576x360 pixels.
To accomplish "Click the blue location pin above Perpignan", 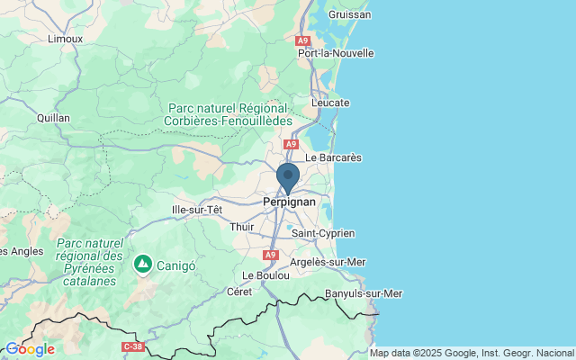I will tap(288, 176).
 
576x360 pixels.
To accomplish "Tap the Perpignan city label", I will tap(289, 202).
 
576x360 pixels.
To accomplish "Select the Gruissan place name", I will tap(350, 14).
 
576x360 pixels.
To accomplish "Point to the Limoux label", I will tap(65, 39).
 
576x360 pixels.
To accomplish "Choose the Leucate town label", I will tap(329, 103).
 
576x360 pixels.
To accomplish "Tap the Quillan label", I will tap(53, 117).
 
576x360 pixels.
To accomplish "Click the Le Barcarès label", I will tap(333, 157).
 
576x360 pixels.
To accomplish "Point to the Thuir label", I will tap(243, 228).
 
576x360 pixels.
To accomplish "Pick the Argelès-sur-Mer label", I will tap(328, 262).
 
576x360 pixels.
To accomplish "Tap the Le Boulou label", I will tap(266, 274).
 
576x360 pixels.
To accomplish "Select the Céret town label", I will tap(239, 292).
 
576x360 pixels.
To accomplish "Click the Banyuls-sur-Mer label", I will tap(363, 293).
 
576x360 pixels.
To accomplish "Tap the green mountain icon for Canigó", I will tap(142, 264).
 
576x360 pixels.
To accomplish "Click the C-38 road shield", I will tap(132, 346).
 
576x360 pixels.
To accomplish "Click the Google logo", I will tap(30, 349).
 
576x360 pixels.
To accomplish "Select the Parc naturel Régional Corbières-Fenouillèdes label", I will tap(229, 113).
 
